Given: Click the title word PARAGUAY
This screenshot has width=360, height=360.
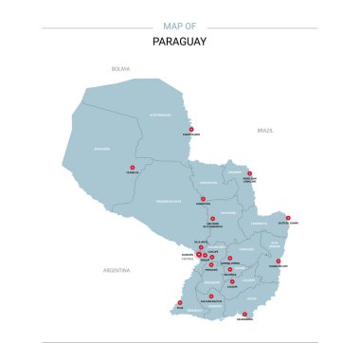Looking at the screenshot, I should click(180, 42).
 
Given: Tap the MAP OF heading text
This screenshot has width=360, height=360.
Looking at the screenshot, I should click(180, 27).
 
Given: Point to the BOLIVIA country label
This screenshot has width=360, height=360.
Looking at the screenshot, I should click(120, 68).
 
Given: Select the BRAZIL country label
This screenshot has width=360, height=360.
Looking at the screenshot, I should click(264, 129).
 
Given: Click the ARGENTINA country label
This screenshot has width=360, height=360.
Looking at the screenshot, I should click(116, 270).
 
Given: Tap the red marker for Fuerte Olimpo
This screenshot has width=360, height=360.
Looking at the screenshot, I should click(191, 129).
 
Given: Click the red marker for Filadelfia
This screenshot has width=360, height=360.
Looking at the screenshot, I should click(132, 170).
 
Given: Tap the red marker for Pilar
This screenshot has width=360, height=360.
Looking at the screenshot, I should click(180, 301).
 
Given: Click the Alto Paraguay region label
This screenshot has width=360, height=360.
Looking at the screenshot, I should click(157, 113).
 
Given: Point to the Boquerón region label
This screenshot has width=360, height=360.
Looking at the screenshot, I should click(101, 149).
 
